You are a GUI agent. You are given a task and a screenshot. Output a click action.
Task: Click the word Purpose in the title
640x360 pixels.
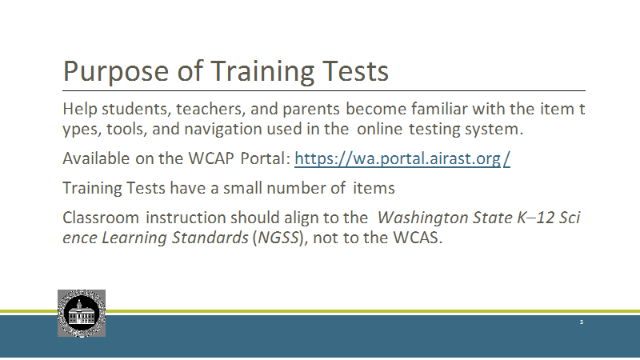coord(116,72)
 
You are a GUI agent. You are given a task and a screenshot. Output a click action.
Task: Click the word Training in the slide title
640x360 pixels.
coord(262,72)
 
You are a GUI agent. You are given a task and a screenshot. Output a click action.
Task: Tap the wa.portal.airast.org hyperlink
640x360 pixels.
coord(402,158)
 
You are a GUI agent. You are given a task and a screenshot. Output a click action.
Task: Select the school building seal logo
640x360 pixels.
coord(82,314)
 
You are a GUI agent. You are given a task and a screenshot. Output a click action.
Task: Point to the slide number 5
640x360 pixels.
coord(582,322)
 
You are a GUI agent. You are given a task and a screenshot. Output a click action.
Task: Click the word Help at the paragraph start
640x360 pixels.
coord(79,110)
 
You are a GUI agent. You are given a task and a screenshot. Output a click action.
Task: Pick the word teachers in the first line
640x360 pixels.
coord(210,110)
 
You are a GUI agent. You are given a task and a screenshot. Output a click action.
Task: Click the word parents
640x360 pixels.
coord(311,110)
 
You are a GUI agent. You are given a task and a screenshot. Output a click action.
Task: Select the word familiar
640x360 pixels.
coord(439,109)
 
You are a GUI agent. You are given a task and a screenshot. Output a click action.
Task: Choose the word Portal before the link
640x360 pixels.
coord(265,158)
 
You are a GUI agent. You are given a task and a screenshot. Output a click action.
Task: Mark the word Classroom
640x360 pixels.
coord(101,218)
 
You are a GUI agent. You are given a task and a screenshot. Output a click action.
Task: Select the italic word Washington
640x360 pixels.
coord(422,218)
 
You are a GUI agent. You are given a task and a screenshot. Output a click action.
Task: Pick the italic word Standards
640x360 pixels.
coord(210,238)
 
